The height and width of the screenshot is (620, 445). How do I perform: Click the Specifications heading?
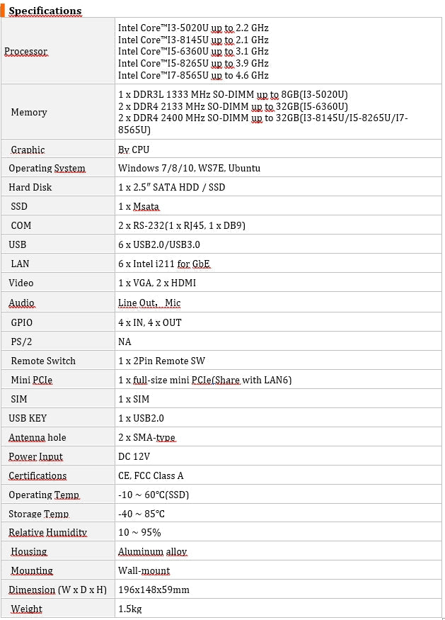(x=45, y=11)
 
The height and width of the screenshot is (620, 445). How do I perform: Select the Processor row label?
(x=26, y=52)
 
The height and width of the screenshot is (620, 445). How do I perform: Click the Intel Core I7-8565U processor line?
(x=193, y=75)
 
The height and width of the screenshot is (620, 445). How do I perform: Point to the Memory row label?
(x=29, y=112)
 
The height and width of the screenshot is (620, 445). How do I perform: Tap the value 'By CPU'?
(x=134, y=150)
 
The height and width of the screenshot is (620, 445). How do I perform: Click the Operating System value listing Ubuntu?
(x=189, y=168)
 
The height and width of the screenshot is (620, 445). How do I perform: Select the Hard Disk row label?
(x=30, y=187)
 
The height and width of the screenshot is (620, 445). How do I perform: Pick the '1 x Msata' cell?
(x=139, y=206)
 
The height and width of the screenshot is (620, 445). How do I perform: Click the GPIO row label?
(x=22, y=322)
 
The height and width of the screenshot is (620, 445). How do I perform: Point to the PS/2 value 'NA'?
(x=125, y=342)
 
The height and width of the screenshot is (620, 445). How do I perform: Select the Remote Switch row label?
(x=43, y=361)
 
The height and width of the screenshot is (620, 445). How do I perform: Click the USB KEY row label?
(x=28, y=418)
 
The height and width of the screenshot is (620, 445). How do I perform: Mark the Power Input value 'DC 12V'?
(x=134, y=456)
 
